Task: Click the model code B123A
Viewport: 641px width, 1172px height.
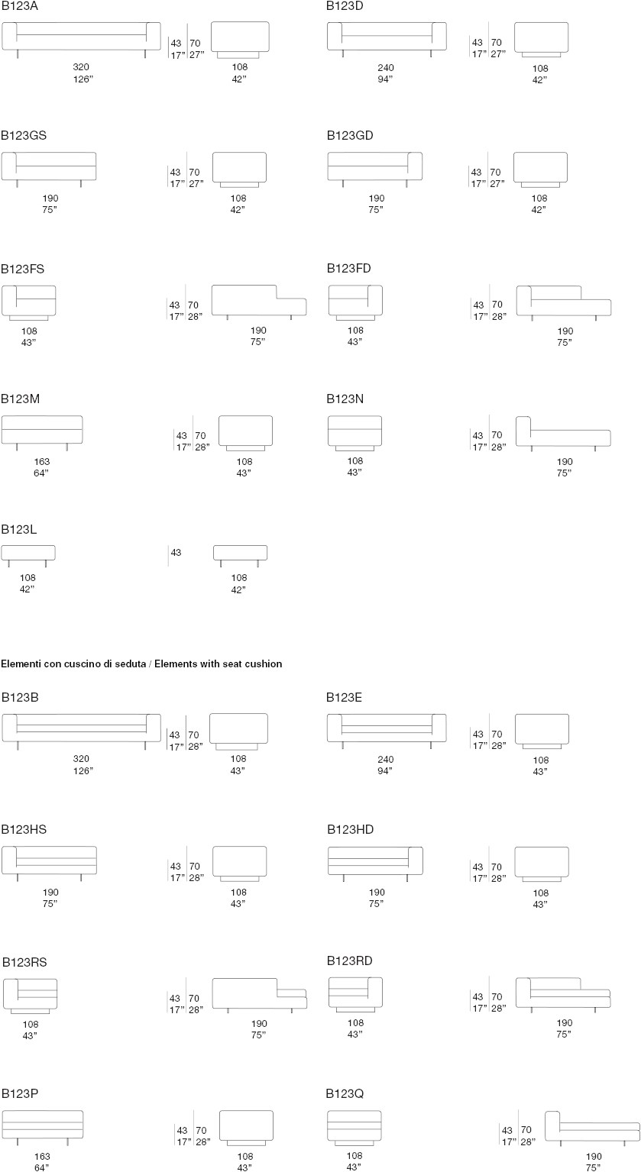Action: pyautogui.click(x=19, y=6)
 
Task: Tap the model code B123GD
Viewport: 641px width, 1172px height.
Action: pyautogui.click(x=350, y=135)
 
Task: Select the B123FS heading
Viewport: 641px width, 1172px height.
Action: pyautogui.click(x=22, y=269)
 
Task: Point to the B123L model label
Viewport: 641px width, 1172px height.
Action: pyautogui.click(x=19, y=529)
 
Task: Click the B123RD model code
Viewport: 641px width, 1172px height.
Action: pyautogui.click(x=349, y=961)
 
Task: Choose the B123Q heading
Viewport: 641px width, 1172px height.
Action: pyautogui.click(x=345, y=1094)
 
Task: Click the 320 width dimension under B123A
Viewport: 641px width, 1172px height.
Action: pyautogui.click(x=81, y=67)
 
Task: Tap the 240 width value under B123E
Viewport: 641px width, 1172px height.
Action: pyautogui.click(x=385, y=759)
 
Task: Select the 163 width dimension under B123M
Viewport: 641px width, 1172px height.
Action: pyautogui.click(x=42, y=461)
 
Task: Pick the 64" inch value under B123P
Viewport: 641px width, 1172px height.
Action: pyautogui.click(x=42, y=1167)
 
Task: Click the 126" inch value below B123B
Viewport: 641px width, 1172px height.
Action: pyautogui.click(x=83, y=770)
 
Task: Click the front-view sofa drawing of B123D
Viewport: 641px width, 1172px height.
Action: pyautogui.click(x=387, y=39)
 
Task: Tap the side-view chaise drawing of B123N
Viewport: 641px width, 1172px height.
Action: pyautogui.click(x=564, y=434)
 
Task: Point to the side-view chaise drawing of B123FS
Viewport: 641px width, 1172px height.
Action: pyautogui.click(x=259, y=302)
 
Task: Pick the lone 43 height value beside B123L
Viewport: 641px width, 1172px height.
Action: pyautogui.click(x=176, y=553)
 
